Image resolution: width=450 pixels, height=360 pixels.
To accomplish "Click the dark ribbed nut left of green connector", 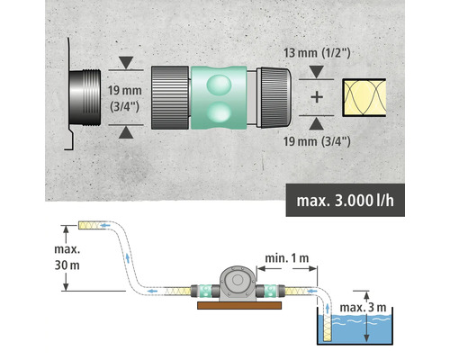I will [167, 97].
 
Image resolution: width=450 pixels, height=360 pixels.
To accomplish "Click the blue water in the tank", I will [360, 333].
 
